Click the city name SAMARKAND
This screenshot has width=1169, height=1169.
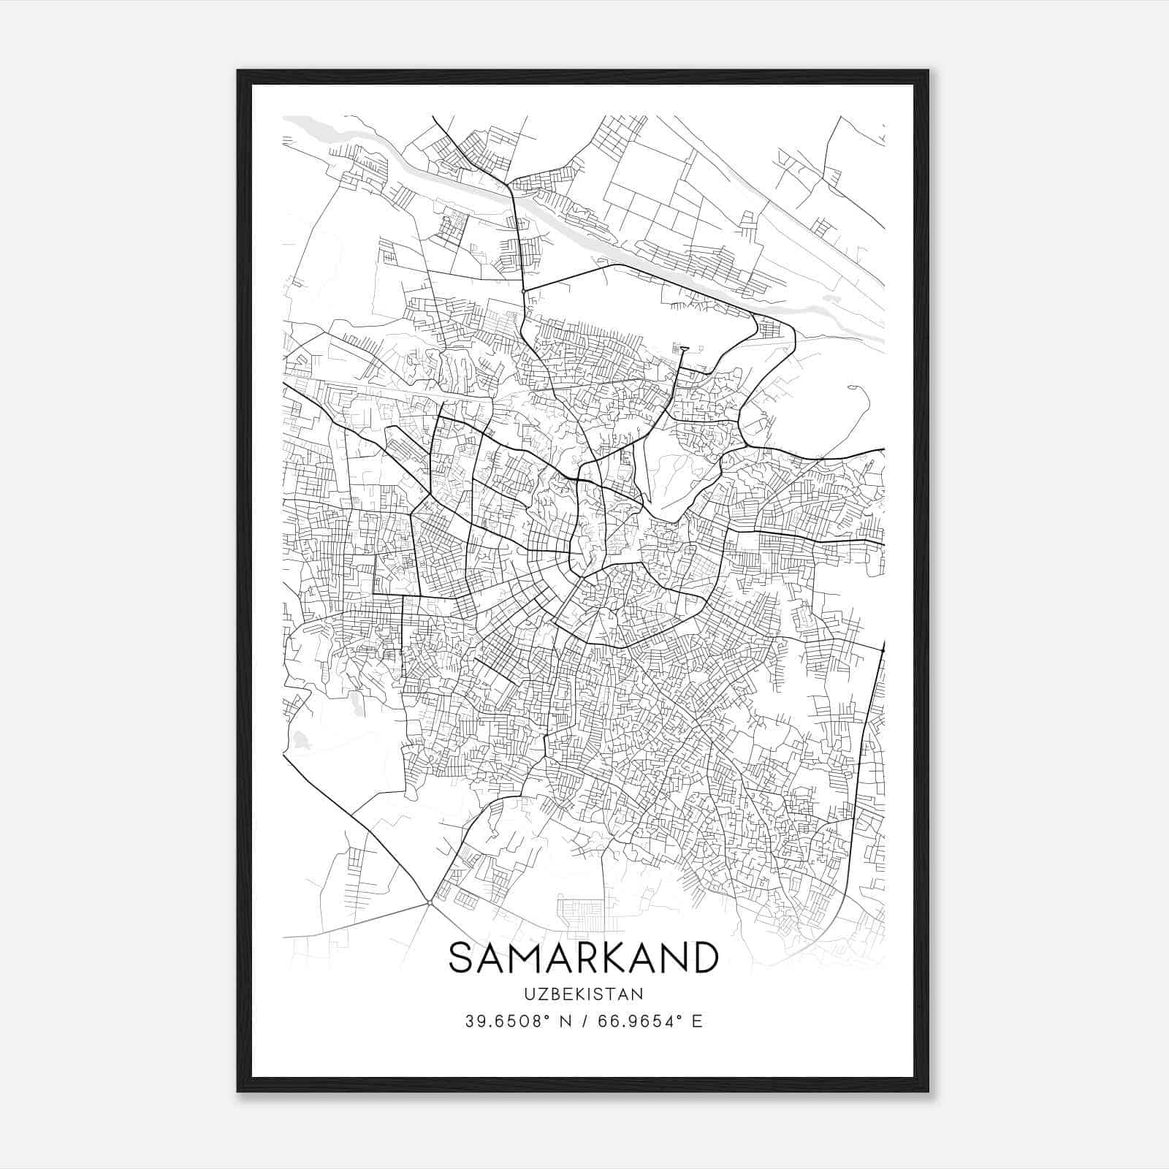[583, 958]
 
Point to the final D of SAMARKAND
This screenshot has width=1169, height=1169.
[704, 958]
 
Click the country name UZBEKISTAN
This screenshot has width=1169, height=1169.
[583, 994]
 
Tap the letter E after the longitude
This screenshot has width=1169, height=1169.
[697, 1021]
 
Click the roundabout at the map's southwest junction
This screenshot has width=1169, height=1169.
[429, 904]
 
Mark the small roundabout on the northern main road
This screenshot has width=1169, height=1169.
[523, 292]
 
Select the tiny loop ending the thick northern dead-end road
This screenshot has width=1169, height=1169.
[684, 349]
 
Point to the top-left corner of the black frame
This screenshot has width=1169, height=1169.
[239, 72]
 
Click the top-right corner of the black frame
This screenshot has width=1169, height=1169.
[927, 72]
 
